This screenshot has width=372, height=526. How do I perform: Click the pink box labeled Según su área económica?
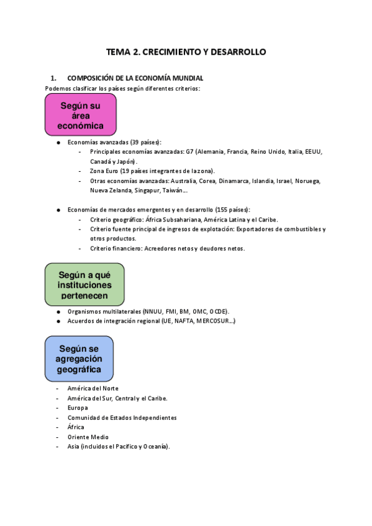(x=79, y=115)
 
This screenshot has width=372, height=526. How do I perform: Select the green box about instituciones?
(x=84, y=285)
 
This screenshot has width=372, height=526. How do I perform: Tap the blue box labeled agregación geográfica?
(x=79, y=359)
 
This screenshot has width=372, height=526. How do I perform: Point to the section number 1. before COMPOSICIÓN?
(x=53, y=78)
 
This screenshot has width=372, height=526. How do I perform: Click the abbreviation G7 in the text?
(x=190, y=151)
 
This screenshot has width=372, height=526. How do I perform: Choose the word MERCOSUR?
(x=217, y=321)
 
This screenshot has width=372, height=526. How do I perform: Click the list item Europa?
(x=78, y=408)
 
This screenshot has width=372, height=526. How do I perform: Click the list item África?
(x=76, y=427)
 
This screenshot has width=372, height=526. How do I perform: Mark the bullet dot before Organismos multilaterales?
(x=58, y=311)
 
